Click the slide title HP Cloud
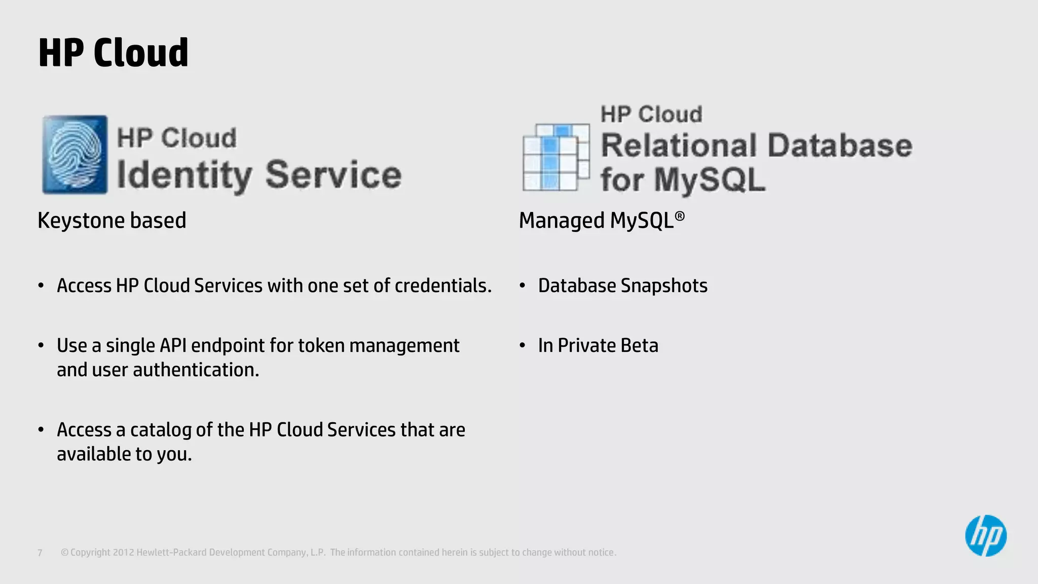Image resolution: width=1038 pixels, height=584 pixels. [113, 53]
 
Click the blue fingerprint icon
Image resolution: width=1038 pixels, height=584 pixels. [75, 155]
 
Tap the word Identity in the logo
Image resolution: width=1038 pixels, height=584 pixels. [183, 175]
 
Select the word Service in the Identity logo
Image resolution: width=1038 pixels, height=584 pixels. [333, 174]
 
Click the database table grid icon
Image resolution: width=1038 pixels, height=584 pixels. [556, 157]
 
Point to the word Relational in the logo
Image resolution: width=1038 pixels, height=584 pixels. [679, 145]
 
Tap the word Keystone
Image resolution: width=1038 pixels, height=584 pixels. [81, 221]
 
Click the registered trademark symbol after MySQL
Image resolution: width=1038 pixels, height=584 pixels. [680, 216]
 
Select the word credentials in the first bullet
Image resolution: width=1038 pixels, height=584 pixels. [442, 285]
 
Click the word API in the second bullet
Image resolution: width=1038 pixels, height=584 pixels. [173, 345]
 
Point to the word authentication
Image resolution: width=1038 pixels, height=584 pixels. [196, 370]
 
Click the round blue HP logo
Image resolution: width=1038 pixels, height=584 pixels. [985, 536]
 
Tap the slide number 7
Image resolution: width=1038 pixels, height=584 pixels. [40, 553]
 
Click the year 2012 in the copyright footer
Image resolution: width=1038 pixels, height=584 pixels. [123, 553]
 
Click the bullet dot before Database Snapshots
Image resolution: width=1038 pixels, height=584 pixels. [523, 285]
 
